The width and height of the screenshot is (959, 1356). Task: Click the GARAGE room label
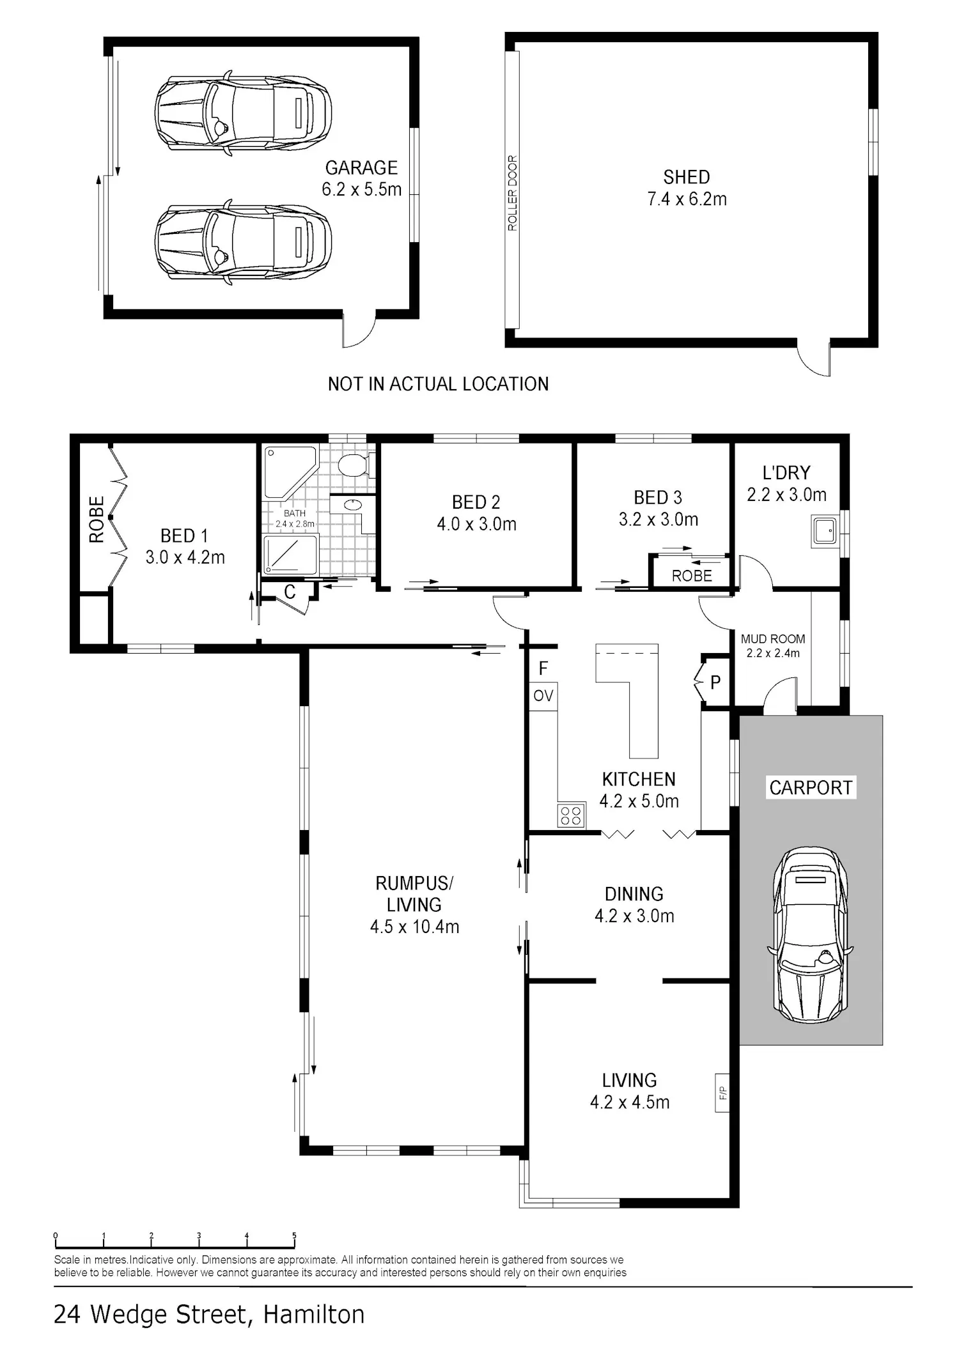[x=361, y=168]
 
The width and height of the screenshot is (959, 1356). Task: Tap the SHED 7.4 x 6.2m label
[x=687, y=188]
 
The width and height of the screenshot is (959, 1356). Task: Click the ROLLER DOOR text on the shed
[x=512, y=193]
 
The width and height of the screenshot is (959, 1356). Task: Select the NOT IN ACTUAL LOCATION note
[x=438, y=384]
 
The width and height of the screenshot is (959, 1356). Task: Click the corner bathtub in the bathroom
[x=290, y=472]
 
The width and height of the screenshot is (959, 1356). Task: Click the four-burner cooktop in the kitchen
[x=571, y=815]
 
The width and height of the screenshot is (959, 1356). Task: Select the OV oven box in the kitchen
[x=543, y=695]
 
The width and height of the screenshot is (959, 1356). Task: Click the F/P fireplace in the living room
[x=722, y=1093]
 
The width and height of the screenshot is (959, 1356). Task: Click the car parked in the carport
[x=811, y=937]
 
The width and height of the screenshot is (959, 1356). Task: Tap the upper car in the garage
[x=243, y=113]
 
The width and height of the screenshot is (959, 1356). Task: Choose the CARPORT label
[x=811, y=788]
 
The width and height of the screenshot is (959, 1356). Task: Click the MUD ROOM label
[x=773, y=639]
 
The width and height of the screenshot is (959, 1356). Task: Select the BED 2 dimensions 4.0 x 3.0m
[x=476, y=525]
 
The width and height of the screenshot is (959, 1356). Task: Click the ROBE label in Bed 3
[x=692, y=576]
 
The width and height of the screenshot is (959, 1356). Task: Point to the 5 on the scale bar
[x=294, y=1236]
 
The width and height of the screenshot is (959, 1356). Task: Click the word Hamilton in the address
[x=314, y=1314]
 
